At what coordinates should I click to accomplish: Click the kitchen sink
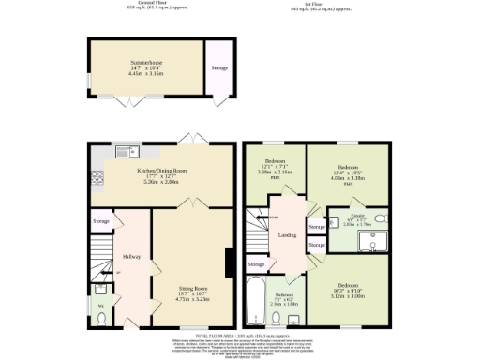(x=124, y=152)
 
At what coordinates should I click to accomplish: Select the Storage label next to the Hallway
(x=100, y=221)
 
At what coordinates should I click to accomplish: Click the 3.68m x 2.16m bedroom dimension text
(x=276, y=172)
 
